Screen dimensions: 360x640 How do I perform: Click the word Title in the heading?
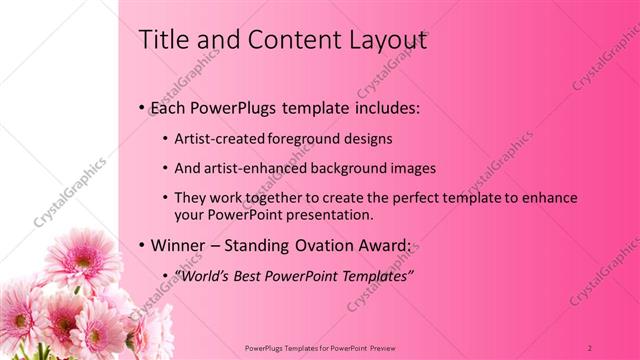point(162,40)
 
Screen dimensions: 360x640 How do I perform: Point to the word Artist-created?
point(213,139)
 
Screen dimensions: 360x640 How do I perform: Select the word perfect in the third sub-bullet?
point(393,198)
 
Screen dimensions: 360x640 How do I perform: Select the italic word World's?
point(199,275)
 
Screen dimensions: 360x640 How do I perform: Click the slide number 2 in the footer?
point(590,347)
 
